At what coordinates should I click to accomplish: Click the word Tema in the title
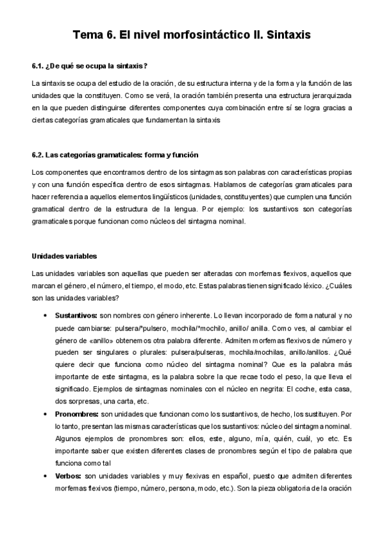(x=88, y=36)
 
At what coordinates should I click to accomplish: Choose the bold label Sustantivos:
(x=76, y=316)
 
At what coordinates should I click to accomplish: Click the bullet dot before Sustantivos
(x=44, y=316)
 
